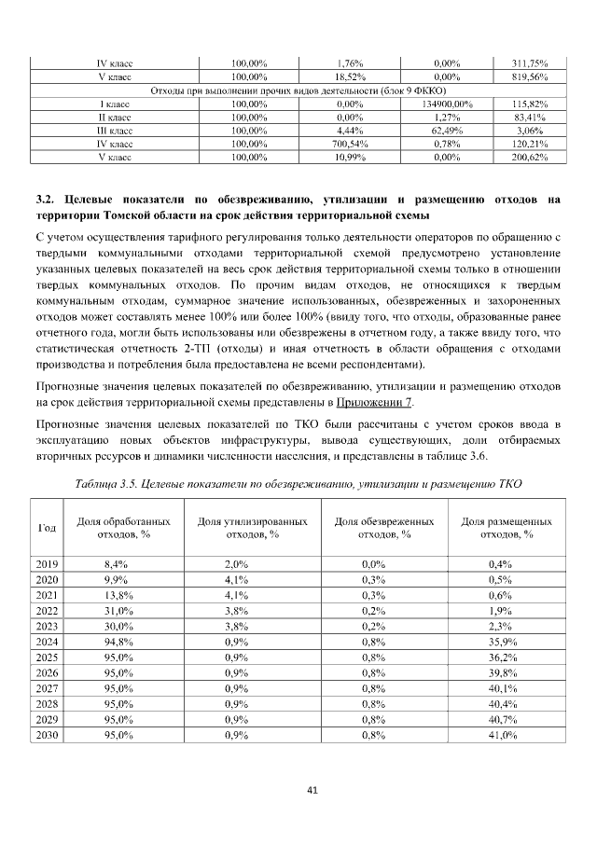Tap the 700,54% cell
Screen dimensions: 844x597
(x=348, y=145)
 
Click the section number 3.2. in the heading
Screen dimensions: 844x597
(x=47, y=199)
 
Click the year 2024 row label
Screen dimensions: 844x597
(x=47, y=641)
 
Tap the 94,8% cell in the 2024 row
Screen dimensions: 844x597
(x=117, y=641)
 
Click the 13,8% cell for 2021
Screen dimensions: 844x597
(x=117, y=594)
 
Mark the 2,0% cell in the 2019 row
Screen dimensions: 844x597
(x=236, y=563)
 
